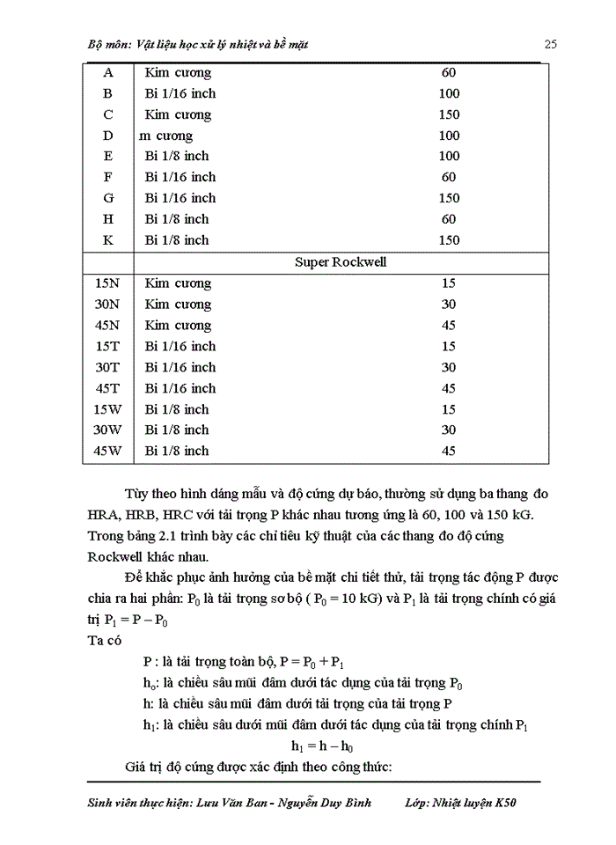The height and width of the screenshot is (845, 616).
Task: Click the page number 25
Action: [551, 43]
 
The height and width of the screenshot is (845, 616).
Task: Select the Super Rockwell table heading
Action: [341, 261]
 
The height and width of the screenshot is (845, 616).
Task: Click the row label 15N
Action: [107, 283]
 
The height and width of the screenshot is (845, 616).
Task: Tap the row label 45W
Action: [107, 451]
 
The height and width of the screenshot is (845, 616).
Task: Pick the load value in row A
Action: [449, 72]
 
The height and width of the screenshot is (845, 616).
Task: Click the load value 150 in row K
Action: [449, 240]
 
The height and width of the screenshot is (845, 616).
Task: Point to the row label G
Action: [108, 198]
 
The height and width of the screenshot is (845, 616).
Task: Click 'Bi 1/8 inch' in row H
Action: [177, 219]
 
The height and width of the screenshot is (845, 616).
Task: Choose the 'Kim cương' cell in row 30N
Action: [178, 304]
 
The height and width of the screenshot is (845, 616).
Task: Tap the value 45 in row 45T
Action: [449, 388]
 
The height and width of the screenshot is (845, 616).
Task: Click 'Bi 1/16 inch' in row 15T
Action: [180, 346]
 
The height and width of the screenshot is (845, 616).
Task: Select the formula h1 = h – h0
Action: [322, 746]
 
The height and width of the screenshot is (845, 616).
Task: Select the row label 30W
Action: [107, 430]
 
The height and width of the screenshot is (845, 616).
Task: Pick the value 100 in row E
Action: [449, 156]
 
